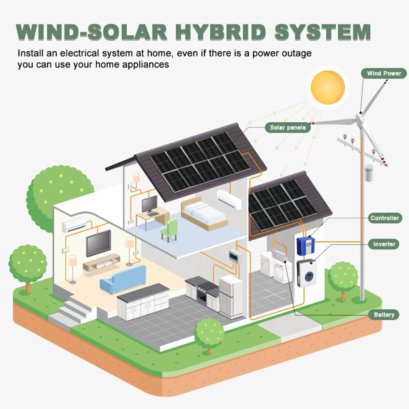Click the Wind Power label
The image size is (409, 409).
click(384, 74)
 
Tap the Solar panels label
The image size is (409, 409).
click(288, 128)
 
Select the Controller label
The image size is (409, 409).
click(384, 218)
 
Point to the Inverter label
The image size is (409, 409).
click(384, 244)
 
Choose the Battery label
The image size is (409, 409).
click(384, 315)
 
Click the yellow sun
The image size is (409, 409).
click(327, 87)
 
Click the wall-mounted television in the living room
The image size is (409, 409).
click(98, 243)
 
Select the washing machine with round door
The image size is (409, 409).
click(282, 272)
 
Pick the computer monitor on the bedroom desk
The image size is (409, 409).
click(149, 203)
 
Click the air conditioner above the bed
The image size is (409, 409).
click(229, 198)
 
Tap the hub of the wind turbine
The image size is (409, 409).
click(360, 119)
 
